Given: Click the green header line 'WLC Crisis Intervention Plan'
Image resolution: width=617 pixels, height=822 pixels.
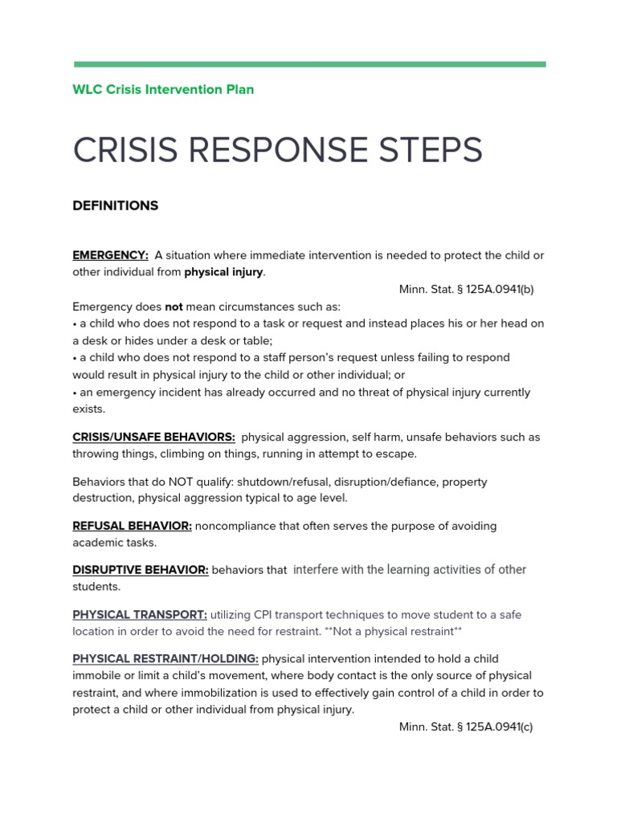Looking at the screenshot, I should (163, 89).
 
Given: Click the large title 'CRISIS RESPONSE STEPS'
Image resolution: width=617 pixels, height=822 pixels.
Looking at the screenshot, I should (278, 150).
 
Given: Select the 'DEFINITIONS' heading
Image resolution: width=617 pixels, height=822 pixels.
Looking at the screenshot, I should (116, 205).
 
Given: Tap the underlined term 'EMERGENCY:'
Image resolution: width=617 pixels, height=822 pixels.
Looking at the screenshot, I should (110, 255).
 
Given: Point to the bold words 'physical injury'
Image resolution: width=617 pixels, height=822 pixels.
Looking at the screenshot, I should (223, 272).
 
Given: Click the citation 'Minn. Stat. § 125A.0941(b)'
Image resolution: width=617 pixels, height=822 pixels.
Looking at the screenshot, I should (466, 289).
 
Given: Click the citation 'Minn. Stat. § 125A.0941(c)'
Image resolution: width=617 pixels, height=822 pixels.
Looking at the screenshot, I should (466, 727).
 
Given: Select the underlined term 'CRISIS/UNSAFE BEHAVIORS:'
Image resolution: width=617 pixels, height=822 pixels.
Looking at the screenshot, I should (153, 437).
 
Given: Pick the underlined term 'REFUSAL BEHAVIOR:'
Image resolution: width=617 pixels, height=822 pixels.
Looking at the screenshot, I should (132, 527).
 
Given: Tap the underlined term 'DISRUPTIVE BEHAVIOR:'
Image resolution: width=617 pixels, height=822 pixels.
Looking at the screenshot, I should (141, 570).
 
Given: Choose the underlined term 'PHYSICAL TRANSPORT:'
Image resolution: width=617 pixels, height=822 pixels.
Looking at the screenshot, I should (140, 615).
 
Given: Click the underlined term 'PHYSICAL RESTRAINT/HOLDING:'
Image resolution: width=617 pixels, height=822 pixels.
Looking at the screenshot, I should (165, 659).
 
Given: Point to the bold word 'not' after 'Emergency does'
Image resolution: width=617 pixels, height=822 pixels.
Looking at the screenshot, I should (174, 307).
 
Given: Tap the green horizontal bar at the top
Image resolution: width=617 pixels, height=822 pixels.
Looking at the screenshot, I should (309, 64).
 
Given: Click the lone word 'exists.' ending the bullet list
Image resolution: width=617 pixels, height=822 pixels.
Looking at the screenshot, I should (89, 409).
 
